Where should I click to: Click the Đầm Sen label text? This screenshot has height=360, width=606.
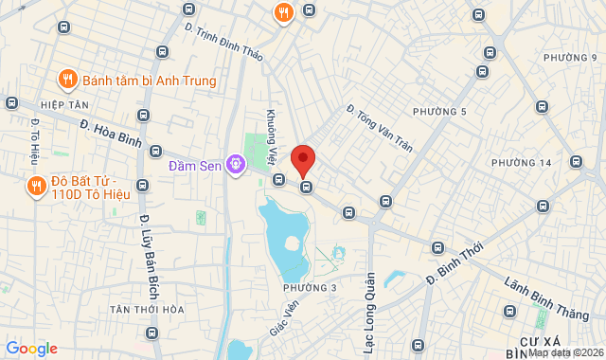pos(195,166)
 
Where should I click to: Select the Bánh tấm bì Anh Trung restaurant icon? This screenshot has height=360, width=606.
pos(66,80)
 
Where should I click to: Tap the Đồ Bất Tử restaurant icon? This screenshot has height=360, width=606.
pos(35,186)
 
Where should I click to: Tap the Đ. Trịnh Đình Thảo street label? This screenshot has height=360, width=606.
pos(223,42)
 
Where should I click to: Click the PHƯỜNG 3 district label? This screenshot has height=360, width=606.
pos(310,288)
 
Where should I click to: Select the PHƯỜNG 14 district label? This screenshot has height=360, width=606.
pos(522,163)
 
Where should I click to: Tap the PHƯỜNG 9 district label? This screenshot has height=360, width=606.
pos(571,59)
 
